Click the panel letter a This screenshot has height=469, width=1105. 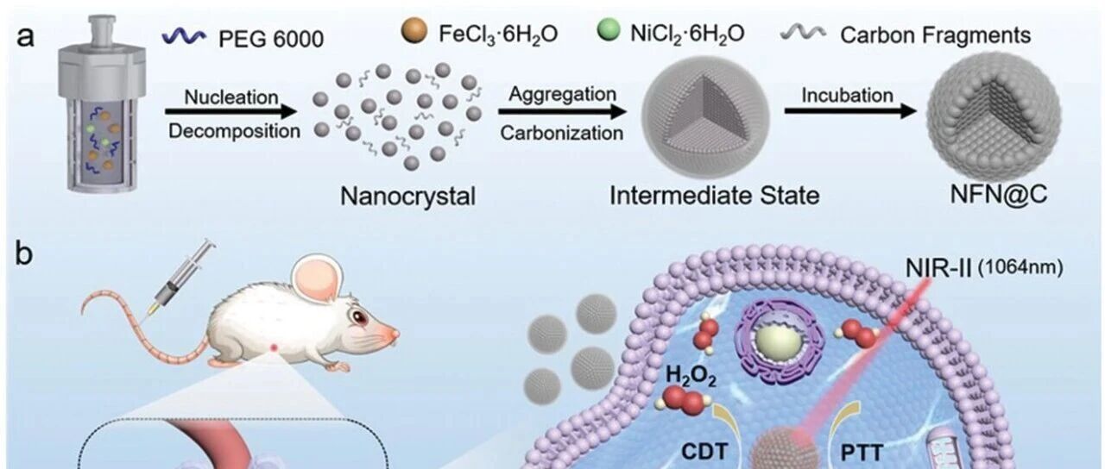click(x=26, y=37)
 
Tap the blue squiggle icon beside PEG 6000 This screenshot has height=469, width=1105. click(x=184, y=36)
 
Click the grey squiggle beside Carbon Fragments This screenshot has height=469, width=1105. click(x=803, y=33)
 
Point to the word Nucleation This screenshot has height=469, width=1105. click(x=231, y=97)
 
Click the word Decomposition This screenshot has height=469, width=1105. click(x=234, y=132)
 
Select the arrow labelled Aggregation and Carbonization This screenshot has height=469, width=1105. click(x=562, y=112)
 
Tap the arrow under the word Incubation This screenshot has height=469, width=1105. click(x=850, y=111)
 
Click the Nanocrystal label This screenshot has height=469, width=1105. click(x=408, y=197)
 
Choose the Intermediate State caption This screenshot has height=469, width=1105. click(x=715, y=196)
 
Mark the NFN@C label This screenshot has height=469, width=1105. click(x=999, y=195)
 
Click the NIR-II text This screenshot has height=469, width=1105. click(x=938, y=269)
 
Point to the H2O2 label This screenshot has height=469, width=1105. click(x=691, y=376)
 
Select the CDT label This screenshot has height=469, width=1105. click(x=705, y=451)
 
